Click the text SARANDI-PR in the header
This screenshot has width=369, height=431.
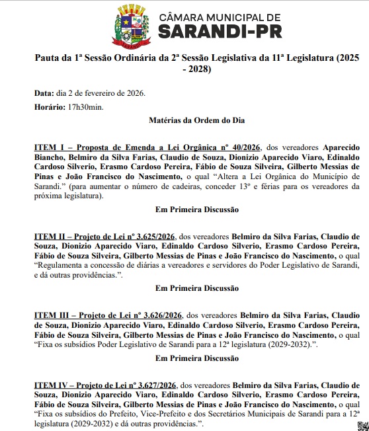point(209,31)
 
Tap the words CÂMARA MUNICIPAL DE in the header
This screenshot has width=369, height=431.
point(209,15)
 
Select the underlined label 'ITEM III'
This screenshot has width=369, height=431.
point(52,315)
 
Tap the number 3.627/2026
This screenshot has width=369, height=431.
point(161,384)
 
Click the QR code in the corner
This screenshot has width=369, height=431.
point(362,424)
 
